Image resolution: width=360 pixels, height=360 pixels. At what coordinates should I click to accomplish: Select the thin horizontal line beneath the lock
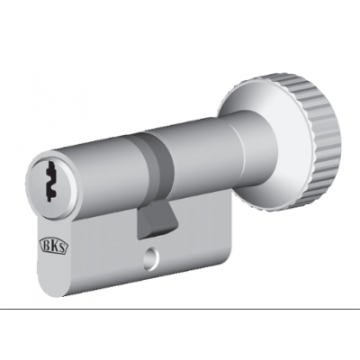pos(180,310)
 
